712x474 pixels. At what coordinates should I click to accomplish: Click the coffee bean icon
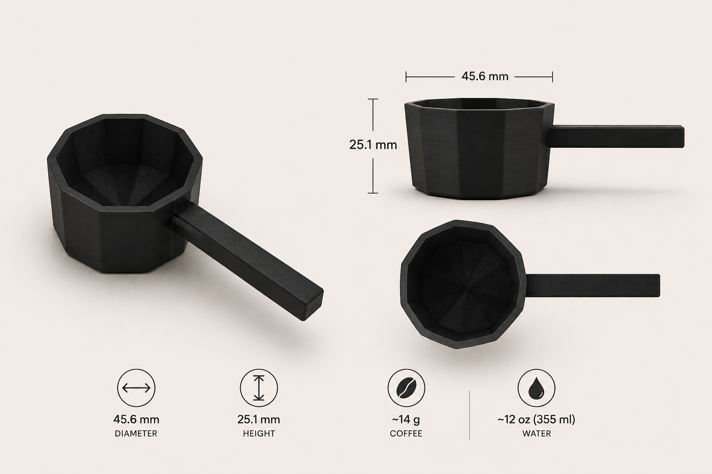(406, 388)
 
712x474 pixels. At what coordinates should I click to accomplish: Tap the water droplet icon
(536, 388)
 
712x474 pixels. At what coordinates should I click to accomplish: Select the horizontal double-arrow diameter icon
(136, 388)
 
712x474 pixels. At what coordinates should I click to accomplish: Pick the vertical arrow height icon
(259, 388)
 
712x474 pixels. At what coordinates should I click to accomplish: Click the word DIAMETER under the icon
(136, 434)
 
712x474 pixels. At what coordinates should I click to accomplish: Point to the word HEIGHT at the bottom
(259, 434)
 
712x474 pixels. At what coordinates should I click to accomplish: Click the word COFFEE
(406, 434)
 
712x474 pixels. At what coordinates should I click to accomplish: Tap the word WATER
(536, 434)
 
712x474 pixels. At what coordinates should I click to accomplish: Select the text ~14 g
(406, 419)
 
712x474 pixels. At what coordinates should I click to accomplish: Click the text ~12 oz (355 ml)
(536, 419)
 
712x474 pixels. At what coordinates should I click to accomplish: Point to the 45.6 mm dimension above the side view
(485, 76)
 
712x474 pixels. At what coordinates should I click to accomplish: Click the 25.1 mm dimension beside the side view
(373, 145)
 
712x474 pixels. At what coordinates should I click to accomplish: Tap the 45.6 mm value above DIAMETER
(136, 419)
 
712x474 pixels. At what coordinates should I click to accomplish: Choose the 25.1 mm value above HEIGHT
(259, 419)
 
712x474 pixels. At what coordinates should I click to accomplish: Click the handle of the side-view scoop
(617, 136)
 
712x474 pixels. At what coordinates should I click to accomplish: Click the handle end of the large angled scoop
(308, 303)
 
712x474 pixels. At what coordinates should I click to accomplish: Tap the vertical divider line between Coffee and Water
(470, 415)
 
